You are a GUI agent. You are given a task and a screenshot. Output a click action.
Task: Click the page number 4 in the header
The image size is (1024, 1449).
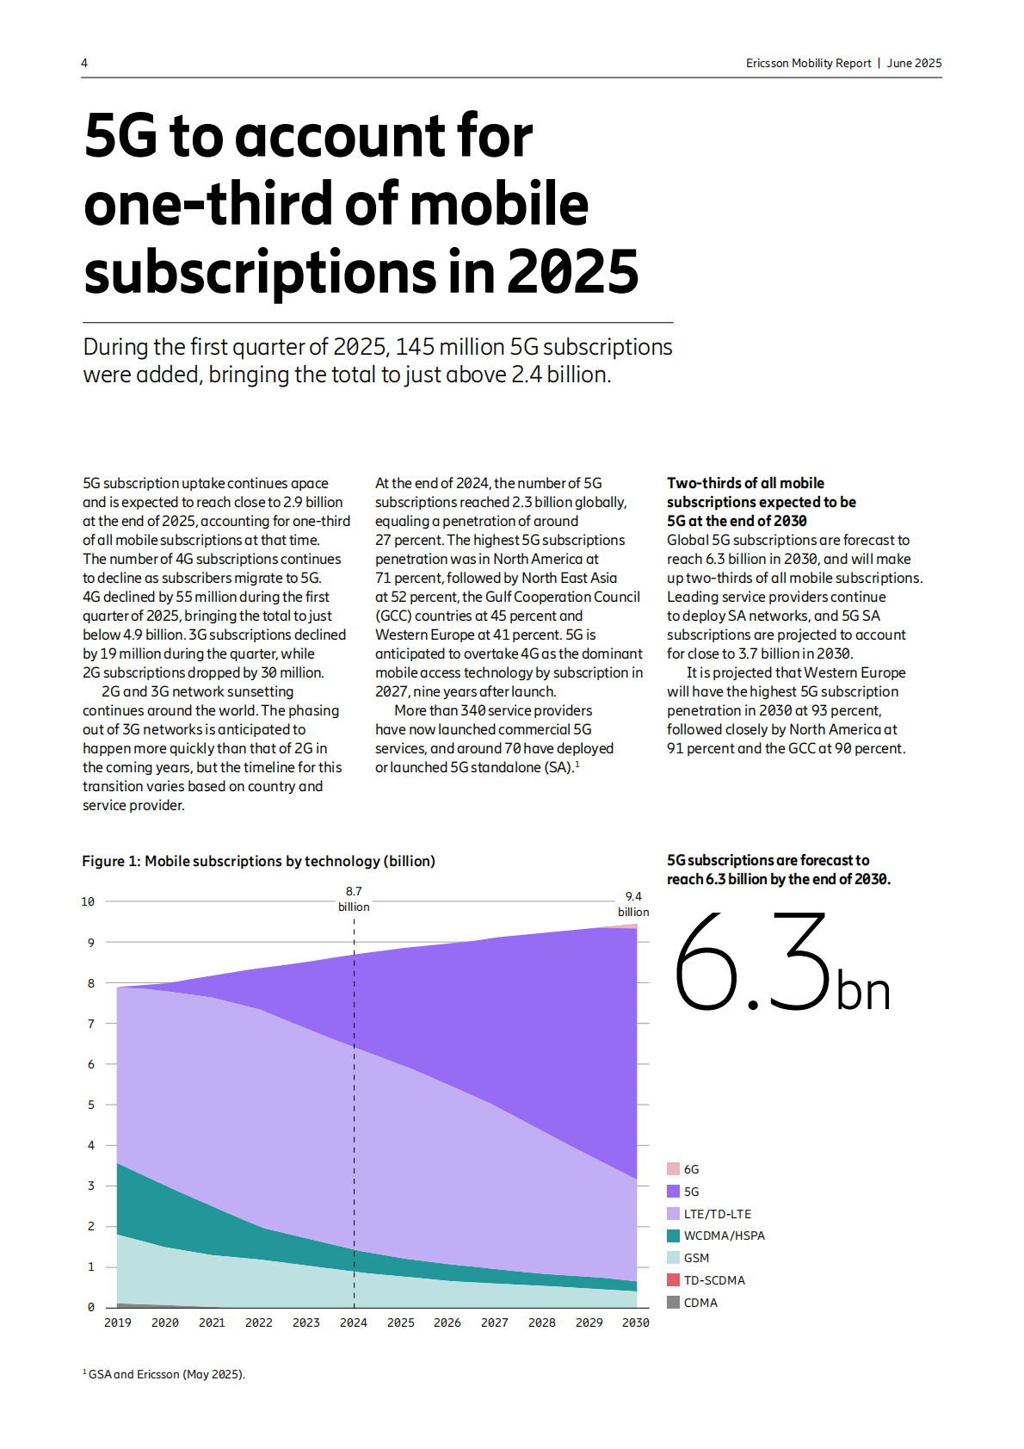(x=84, y=63)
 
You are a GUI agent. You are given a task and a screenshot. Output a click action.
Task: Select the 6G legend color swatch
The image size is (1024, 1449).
(x=673, y=1169)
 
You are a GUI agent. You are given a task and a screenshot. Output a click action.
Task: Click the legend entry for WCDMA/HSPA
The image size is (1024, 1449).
(x=724, y=1235)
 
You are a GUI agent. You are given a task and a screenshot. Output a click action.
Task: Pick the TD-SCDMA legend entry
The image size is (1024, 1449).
(x=713, y=1280)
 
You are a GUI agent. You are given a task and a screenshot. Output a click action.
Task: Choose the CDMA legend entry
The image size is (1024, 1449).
(x=700, y=1303)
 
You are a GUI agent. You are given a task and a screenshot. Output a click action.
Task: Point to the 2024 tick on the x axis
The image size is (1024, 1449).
(x=354, y=1322)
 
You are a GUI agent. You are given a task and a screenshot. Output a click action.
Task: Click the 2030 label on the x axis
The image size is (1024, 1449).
(x=636, y=1322)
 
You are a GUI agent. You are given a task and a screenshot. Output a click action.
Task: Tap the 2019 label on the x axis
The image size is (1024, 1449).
(x=118, y=1322)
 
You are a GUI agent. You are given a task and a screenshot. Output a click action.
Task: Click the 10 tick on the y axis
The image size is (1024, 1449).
(x=88, y=901)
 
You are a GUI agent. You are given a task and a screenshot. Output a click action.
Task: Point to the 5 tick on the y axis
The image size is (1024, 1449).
(x=91, y=1105)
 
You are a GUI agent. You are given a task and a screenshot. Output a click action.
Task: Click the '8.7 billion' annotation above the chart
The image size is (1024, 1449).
(x=354, y=899)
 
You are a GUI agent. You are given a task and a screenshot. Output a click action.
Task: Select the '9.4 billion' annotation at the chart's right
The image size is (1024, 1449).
(x=633, y=904)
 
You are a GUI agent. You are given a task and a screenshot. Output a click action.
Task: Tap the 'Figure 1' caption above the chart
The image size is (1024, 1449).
(x=258, y=861)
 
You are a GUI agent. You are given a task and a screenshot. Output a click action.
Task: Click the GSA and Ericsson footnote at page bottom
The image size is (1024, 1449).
(x=165, y=1374)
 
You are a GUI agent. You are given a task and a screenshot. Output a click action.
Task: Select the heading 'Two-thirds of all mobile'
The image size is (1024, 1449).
(x=745, y=483)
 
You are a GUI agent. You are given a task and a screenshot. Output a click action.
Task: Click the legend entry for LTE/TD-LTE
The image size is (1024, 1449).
(x=717, y=1214)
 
